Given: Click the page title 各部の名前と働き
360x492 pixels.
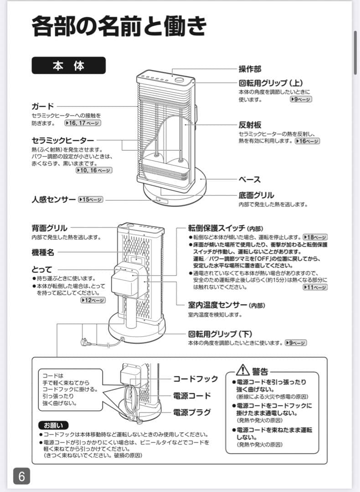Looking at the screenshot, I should point(118,26).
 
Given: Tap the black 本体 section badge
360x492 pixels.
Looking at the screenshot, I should point(68,66).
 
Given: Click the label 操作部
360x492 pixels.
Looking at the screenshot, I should point(250,69).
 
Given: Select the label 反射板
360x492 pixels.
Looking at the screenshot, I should point(250,125).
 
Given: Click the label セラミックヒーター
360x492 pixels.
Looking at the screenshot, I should point(63,140).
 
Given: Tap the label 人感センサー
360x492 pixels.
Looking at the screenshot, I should point(54,200).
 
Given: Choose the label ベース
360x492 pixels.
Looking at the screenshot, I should point(250,179).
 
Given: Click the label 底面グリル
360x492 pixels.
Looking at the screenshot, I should point(256,195).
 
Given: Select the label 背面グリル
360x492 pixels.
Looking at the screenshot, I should point(49,228).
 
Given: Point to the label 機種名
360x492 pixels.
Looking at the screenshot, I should point(43,252).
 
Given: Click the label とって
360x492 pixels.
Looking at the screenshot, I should point(42,269).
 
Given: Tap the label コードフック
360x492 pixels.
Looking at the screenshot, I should point(195,379).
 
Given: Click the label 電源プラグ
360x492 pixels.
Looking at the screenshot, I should point(192,412).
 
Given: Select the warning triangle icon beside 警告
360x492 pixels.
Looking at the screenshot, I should point(243,369).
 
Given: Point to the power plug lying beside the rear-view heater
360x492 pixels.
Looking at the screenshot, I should point(85,341).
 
